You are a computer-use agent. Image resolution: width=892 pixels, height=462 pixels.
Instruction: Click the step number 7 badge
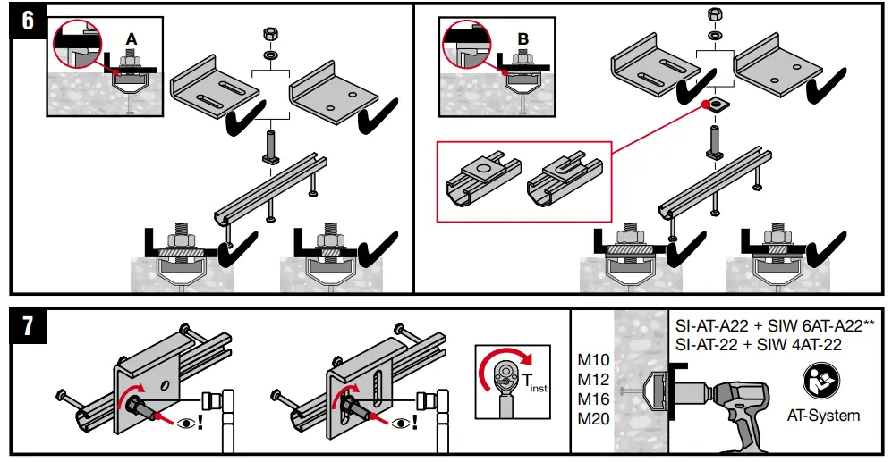point(29,327)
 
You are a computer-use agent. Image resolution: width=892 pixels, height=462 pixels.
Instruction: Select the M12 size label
point(593,380)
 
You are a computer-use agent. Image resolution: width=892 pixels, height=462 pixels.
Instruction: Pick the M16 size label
point(593,399)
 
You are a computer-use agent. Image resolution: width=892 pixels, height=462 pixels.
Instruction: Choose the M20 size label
point(593,418)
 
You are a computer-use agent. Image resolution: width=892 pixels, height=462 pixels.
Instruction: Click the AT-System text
point(823,416)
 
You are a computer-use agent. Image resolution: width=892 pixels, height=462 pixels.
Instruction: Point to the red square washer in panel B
point(717,105)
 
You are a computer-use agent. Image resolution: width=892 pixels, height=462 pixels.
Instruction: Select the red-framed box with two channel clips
point(522,181)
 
